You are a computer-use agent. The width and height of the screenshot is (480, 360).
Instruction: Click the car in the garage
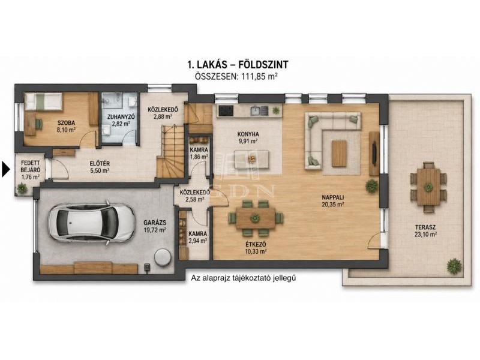91,223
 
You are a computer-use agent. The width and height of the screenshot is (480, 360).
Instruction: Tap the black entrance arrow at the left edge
6,169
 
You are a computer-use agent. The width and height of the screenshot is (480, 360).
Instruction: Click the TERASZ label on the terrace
425,227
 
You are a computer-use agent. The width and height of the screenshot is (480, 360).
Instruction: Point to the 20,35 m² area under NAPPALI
333,205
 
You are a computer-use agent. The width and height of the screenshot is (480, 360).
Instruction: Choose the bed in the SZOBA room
43,101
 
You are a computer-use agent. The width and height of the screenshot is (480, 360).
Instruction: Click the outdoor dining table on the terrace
428,187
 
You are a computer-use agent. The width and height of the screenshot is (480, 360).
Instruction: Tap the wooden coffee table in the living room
339,154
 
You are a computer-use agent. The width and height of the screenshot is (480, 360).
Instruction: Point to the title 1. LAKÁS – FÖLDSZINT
238,65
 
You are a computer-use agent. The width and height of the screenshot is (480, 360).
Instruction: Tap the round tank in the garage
162,257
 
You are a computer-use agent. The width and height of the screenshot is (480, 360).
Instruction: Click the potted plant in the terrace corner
454,266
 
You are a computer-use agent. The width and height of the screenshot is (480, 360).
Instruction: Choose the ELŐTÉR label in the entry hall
100,164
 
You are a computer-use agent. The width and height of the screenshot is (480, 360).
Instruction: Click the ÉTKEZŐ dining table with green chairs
256,218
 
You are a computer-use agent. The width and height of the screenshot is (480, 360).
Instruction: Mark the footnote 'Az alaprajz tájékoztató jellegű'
244,278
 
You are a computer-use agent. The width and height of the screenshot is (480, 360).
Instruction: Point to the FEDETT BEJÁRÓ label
31,166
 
